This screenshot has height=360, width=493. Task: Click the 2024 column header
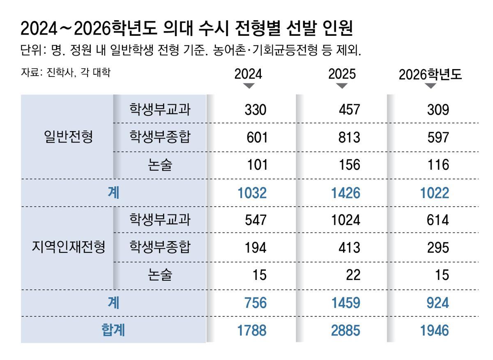coord(248,74)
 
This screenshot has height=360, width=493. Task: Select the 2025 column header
coord(342,74)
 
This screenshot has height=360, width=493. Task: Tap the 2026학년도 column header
coord(430,74)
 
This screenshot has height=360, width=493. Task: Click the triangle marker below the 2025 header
coord(342,86)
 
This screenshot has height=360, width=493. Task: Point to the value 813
coord(349,137)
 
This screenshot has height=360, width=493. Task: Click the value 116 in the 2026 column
coord(438,165)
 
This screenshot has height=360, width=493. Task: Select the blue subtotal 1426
coord(346,193)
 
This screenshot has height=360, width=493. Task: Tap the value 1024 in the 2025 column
coord(346,220)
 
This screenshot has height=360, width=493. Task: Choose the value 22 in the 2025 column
coord(352,275)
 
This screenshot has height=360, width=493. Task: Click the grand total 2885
coord(346,330)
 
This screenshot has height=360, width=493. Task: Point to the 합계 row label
coord(113,330)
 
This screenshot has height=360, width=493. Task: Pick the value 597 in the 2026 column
coord(438,137)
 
